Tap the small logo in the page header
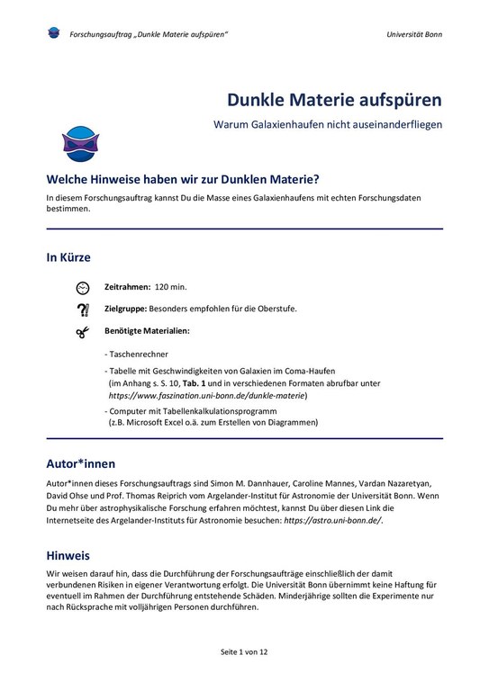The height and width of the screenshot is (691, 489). tap(53, 33)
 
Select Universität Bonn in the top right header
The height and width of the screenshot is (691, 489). tap(414, 34)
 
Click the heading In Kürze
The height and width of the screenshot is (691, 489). tap(68, 257)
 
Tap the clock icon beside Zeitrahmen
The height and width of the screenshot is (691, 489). tap(83, 287)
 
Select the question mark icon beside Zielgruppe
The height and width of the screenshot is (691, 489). tap(83, 310)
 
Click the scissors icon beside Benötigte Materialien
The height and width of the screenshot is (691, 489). tap(83, 332)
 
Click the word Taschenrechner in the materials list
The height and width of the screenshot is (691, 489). tap(139, 354)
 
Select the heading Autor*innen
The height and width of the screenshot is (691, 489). tap(81, 464)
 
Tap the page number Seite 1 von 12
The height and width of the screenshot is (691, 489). tap(244, 651)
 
